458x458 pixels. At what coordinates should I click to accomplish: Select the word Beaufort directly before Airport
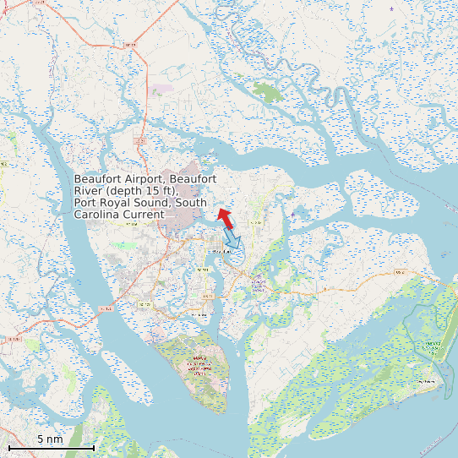click(96, 179)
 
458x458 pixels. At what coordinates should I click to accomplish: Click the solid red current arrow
click(225, 218)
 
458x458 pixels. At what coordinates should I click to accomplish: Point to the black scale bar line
click(51, 447)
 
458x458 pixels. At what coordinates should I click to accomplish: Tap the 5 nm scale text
click(50, 439)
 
